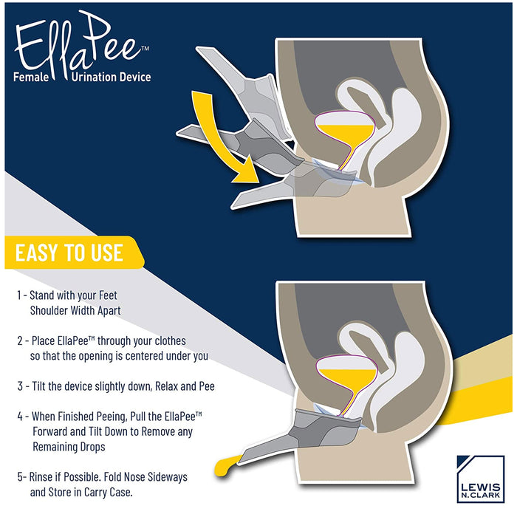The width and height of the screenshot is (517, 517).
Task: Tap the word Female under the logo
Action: (x=31, y=77)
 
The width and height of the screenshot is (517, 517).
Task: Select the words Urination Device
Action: (x=111, y=77)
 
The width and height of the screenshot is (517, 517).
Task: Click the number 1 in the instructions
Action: (x=19, y=295)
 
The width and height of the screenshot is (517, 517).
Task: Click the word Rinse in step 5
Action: (x=40, y=477)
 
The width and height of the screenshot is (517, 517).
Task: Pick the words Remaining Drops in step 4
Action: (x=69, y=447)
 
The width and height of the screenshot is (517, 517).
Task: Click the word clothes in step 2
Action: (x=170, y=340)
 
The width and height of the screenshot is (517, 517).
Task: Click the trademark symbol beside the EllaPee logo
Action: (x=145, y=49)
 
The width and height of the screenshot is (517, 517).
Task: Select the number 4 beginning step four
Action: (x=20, y=417)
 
